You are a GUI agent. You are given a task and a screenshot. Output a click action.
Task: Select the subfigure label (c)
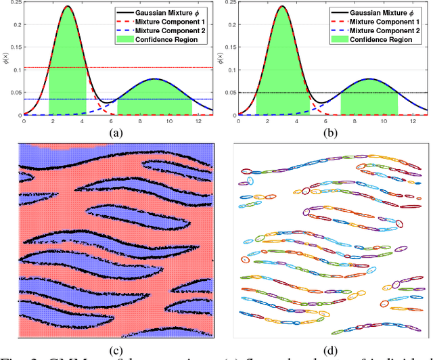[118, 349]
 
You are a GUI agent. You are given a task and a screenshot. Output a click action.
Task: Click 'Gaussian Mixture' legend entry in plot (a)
[166, 12]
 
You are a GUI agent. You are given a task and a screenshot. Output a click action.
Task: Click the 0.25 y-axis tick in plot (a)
[15, 4]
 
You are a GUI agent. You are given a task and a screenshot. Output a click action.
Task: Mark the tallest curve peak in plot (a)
[68, 7]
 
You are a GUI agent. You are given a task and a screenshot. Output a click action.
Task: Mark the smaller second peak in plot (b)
[369, 79]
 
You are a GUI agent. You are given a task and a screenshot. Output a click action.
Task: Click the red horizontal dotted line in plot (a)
[169, 68]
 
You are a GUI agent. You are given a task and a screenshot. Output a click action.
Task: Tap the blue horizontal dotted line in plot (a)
[203, 99]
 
